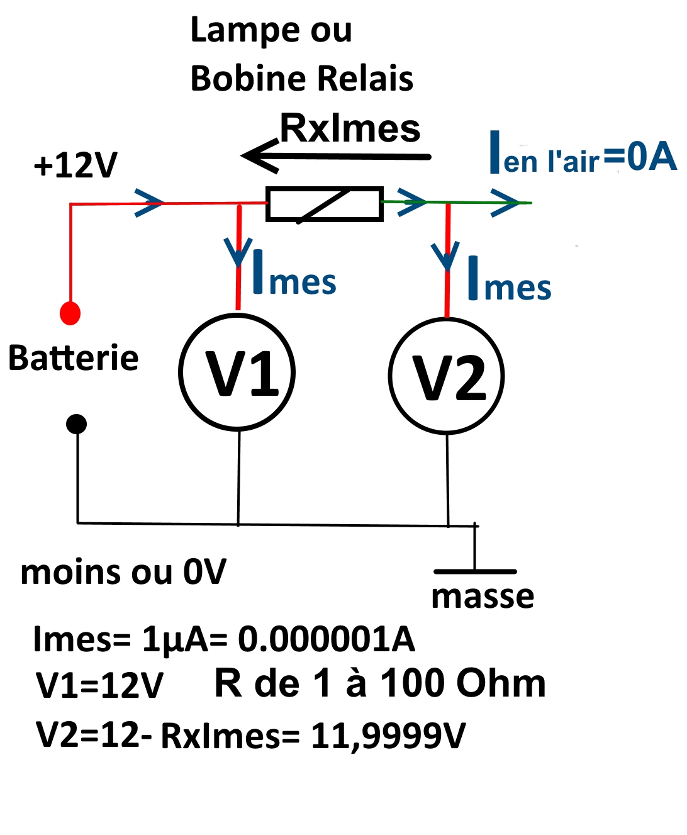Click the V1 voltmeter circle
[x=237, y=373]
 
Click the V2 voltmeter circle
[x=447, y=376]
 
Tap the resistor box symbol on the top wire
[x=325, y=204]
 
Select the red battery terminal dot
[x=70, y=313]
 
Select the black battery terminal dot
[x=77, y=424]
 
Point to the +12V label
[x=75, y=165]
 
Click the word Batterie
[x=73, y=359]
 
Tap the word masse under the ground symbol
[x=483, y=597]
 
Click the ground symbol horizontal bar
[x=475, y=571]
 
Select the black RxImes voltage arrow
[x=337, y=155]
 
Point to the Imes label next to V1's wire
[x=294, y=275]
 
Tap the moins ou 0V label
[x=123, y=573]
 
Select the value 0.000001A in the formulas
[x=327, y=639]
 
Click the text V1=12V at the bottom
[x=99, y=685]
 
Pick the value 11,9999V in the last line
[x=388, y=736]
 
